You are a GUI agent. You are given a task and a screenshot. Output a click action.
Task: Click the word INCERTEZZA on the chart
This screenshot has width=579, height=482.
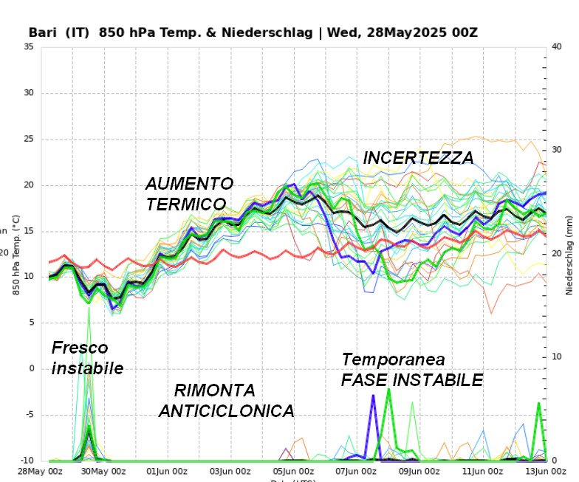(x=418, y=157)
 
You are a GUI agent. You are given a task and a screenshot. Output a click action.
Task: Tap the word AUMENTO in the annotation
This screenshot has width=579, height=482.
(x=189, y=183)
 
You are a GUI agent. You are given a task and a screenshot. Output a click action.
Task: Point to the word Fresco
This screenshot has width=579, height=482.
(x=80, y=348)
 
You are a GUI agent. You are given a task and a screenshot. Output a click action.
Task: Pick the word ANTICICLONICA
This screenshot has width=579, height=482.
(x=226, y=410)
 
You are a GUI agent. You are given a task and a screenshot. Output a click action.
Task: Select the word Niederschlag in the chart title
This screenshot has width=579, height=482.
(x=273, y=32)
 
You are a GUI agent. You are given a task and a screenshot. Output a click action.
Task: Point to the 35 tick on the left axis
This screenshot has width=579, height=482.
(x=29, y=47)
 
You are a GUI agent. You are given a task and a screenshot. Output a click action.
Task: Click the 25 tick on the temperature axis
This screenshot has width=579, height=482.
(x=29, y=140)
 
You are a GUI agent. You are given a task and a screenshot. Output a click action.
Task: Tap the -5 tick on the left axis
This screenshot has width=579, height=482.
(x=29, y=415)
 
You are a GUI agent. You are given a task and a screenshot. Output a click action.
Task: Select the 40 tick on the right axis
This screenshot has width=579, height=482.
(x=558, y=47)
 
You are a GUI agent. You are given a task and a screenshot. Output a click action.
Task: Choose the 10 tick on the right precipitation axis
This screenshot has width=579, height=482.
(x=558, y=357)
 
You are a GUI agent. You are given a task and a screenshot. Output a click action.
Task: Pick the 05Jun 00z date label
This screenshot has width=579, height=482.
(x=293, y=471)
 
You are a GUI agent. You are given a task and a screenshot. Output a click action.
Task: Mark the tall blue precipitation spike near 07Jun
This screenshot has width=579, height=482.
(x=373, y=399)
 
